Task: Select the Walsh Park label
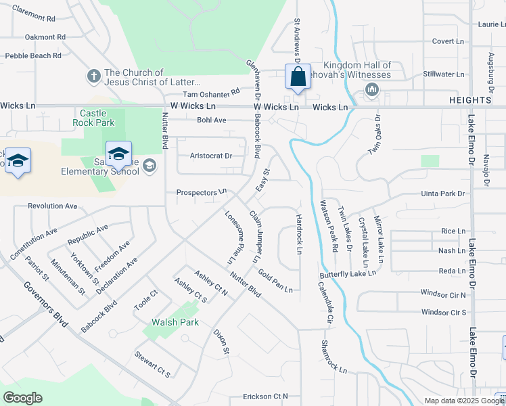click(x=175, y=322)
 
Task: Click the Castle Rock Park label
click(x=97, y=118)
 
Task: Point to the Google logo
click(x=22, y=398)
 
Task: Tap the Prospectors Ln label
click(x=201, y=192)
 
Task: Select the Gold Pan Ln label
click(x=275, y=280)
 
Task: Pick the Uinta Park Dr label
click(x=444, y=194)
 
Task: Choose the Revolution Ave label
click(x=53, y=206)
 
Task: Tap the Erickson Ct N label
click(x=266, y=396)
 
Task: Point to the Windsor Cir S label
click(x=444, y=312)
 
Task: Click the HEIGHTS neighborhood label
click(x=469, y=100)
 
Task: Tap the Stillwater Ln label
click(x=443, y=74)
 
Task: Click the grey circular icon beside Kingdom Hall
click(x=371, y=89)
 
